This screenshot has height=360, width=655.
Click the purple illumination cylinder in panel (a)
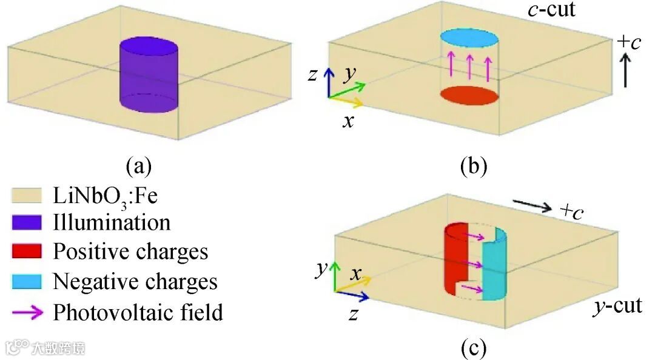[149, 76]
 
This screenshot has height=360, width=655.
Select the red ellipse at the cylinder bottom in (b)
[469, 96]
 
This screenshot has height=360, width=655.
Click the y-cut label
[617, 306]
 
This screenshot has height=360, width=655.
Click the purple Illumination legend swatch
[26, 222]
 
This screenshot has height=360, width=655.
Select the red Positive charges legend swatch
[26, 252]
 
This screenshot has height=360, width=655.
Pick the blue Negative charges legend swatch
[26, 281]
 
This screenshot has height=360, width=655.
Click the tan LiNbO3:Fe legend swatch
[26, 195]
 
